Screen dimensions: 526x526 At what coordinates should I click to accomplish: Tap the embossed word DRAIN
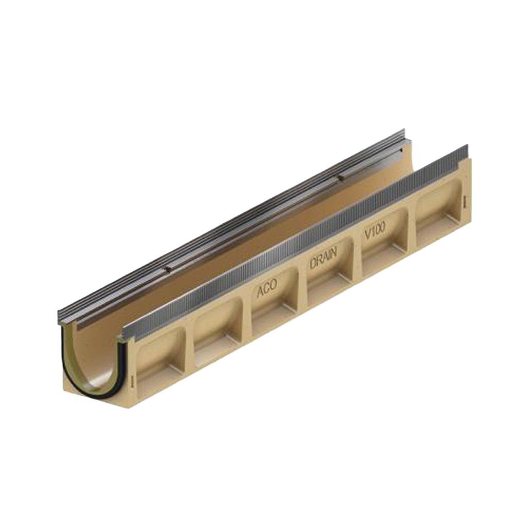323,258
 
